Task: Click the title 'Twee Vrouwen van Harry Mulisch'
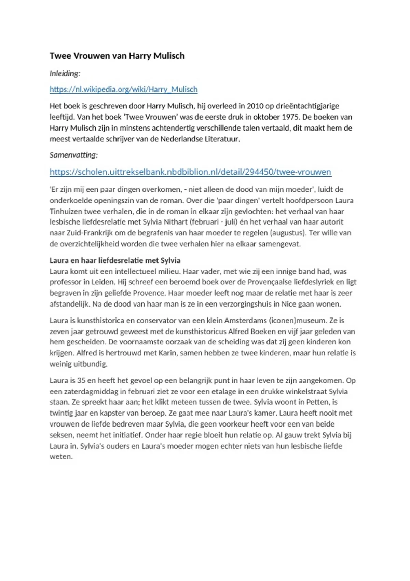[117, 56]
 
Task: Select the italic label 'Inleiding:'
[65, 73]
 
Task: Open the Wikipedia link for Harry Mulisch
[123, 90]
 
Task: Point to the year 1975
[291, 117]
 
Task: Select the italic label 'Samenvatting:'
[73, 155]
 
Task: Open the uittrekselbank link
[190, 172]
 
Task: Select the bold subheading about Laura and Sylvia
[115, 260]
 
